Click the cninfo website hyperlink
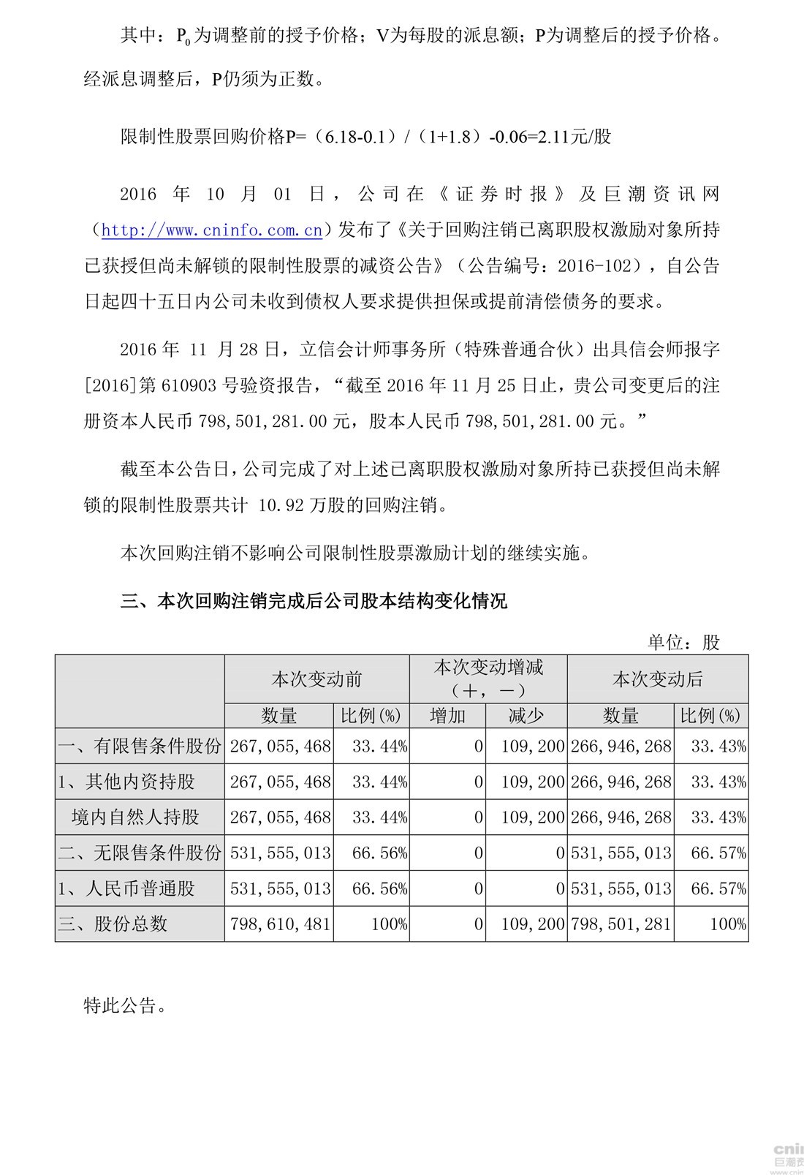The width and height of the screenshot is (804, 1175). [212, 230]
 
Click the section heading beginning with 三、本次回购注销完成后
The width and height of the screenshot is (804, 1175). [314, 602]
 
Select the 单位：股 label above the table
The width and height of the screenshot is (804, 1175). [683, 642]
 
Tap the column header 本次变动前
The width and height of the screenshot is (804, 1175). [316, 679]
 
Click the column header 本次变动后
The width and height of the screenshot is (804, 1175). [657, 679]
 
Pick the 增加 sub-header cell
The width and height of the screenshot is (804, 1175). [447, 715]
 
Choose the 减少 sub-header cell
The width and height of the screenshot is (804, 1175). [526, 715]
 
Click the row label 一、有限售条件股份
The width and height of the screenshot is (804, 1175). [140, 746]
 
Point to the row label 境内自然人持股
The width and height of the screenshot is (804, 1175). [135, 817]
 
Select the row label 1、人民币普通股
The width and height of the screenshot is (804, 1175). [127, 888]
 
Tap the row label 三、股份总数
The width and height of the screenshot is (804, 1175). [113, 923]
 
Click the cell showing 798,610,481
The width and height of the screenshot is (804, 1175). [281, 924]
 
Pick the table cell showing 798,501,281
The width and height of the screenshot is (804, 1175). [621, 924]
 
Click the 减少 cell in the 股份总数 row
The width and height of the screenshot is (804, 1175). [533, 924]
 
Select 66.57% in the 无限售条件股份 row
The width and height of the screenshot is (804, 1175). [718, 853]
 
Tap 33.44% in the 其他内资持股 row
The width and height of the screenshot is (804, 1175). [379, 782]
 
